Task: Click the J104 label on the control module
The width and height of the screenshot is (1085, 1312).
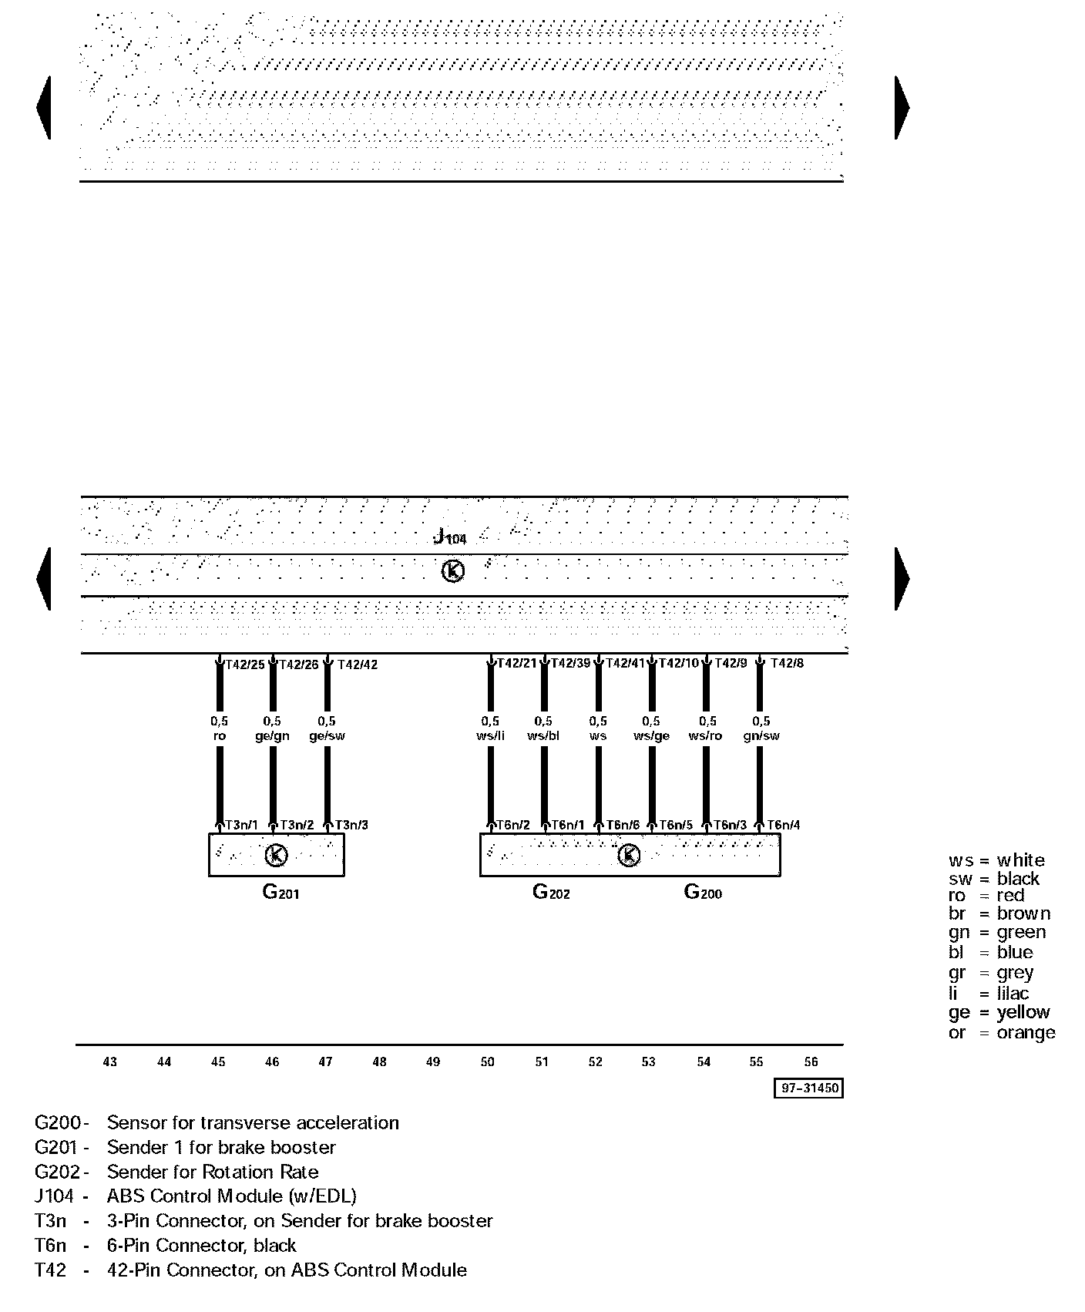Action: pyautogui.click(x=450, y=537)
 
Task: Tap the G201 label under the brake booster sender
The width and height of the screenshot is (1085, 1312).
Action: pyautogui.click(x=280, y=893)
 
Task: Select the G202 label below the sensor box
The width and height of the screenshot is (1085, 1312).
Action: pyautogui.click(x=551, y=893)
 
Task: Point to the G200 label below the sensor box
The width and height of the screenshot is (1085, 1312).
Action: pyautogui.click(x=703, y=893)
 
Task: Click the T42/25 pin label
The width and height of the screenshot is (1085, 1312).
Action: pyautogui.click(x=244, y=664)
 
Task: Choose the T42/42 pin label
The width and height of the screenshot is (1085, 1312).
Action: pyautogui.click(x=358, y=664)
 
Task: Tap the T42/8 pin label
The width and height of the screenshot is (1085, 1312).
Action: pyautogui.click(x=787, y=663)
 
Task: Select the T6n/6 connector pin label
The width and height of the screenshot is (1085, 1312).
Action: pyautogui.click(x=623, y=825)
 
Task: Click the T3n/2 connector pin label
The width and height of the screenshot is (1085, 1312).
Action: pyautogui.click(x=297, y=825)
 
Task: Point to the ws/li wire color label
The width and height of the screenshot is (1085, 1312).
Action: pyautogui.click(x=490, y=735)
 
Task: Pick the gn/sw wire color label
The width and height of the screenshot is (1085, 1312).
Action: pyautogui.click(x=761, y=735)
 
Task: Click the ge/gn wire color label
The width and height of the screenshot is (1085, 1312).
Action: pyautogui.click(x=272, y=735)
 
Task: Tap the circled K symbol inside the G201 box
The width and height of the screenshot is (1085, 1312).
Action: pyautogui.click(x=276, y=855)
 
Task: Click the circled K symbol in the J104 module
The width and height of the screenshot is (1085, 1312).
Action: pyautogui.click(x=453, y=571)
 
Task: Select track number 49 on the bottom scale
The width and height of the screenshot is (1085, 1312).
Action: pyautogui.click(x=433, y=1061)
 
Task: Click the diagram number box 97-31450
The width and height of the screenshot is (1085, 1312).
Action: pyautogui.click(x=808, y=1088)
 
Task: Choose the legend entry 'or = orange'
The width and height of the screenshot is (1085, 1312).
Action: pyautogui.click(x=1002, y=1032)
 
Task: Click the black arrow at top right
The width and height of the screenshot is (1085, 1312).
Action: pyautogui.click(x=902, y=107)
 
